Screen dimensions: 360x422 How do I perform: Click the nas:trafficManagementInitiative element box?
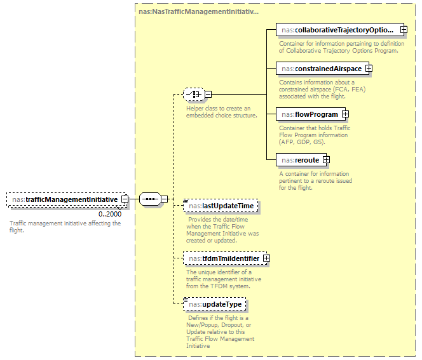point(64,199)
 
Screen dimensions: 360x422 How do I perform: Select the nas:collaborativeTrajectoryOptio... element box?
point(337,29)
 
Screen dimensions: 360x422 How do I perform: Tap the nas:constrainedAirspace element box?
point(320,69)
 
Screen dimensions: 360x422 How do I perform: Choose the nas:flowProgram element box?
point(308,114)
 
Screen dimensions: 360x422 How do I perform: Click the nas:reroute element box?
point(299,160)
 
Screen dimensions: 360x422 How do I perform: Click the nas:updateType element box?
point(214,304)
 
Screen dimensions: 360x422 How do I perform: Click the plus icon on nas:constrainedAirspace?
point(368,69)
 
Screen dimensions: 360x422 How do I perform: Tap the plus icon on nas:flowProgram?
point(345,114)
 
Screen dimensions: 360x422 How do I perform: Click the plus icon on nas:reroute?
point(326,160)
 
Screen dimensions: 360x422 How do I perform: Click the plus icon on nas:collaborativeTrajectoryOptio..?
point(403,29)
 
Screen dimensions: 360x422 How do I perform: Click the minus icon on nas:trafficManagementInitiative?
point(125,199)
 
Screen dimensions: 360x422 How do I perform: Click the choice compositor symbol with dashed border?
point(193,95)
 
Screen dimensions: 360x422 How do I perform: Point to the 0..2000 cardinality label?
point(110,214)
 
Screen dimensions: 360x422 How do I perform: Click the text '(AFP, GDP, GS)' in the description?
point(303,142)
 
